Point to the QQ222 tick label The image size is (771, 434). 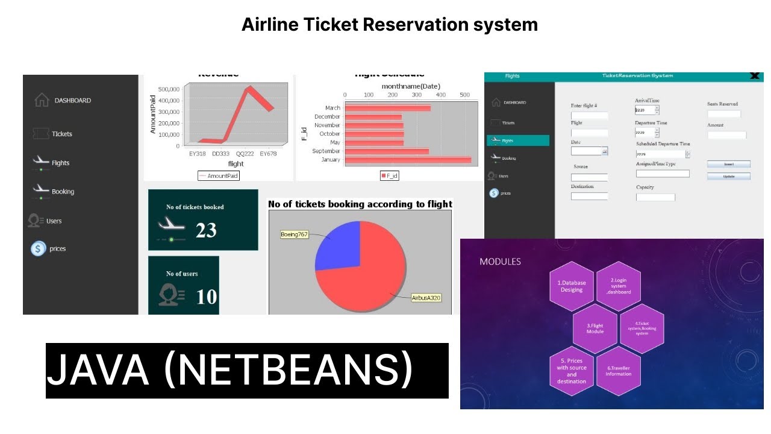coord(245,154)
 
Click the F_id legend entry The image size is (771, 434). coord(389,175)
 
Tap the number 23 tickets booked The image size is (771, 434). coord(206,230)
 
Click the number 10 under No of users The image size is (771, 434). coord(206,297)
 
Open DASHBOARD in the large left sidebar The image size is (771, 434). coord(72,101)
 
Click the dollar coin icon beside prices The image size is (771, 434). coord(39,248)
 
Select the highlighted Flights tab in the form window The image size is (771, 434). coord(518,140)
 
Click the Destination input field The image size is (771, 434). coord(589,196)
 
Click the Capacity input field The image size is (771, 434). coord(655,197)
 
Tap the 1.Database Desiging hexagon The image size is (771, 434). coord(572,286)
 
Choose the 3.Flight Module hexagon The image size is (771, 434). coord(595,329)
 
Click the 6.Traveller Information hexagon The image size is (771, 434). coord(619,371)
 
